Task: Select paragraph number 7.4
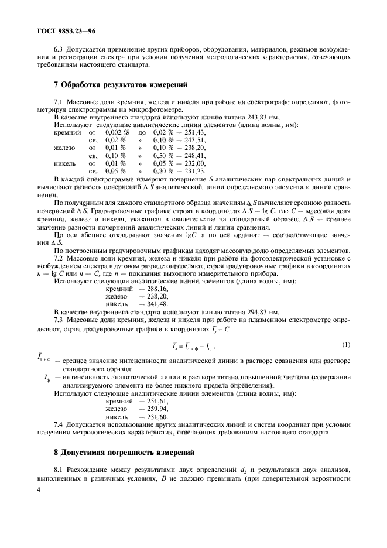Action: coord(59,423)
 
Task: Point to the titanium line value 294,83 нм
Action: coord(258,312)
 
